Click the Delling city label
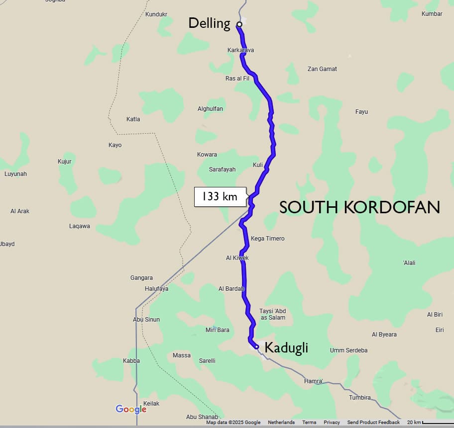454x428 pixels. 209,23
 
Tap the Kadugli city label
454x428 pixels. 286,348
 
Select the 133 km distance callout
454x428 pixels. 220,197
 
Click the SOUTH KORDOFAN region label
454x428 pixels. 359,207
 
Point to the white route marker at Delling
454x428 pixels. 239,24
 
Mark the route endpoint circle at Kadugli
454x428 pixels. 256,346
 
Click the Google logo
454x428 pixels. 131,409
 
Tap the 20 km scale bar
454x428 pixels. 429,423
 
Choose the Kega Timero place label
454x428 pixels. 268,239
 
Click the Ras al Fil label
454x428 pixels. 237,79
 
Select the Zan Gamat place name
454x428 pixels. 322,69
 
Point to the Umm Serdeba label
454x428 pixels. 348,350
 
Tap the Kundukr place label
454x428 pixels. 156,14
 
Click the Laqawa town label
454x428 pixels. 80,226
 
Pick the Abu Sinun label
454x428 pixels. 146,319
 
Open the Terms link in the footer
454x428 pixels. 309,423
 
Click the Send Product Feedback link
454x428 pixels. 373,423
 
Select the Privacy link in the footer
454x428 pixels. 332,423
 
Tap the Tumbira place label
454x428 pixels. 359,398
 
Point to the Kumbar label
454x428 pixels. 432,14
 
